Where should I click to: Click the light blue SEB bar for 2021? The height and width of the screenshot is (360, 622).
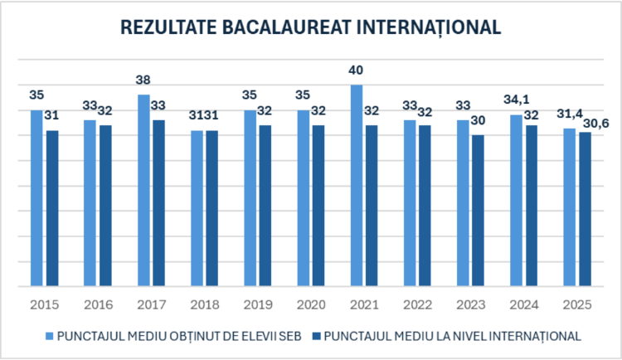(x=356, y=186)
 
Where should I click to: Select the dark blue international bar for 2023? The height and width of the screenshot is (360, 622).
(x=478, y=211)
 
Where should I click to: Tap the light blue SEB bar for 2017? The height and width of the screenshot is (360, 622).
(x=143, y=191)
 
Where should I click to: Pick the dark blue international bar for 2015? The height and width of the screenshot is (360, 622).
(x=52, y=208)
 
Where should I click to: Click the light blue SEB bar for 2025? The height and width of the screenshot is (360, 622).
(x=569, y=207)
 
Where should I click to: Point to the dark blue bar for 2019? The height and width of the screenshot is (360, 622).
(x=265, y=206)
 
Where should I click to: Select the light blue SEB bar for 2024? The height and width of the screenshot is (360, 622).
(x=516, y=201)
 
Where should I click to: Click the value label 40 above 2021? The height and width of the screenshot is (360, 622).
(x=357, y=70)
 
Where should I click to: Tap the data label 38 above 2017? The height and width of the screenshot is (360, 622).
(x=143, y=80)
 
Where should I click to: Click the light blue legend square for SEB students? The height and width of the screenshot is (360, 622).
(x=49, y=337)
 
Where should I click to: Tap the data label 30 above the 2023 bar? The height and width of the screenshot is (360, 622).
(x=479, y=119)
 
